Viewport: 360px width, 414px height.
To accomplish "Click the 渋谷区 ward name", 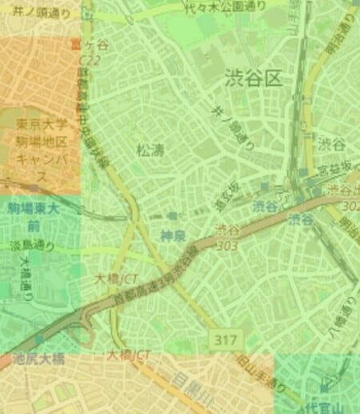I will click(x=254, y=78).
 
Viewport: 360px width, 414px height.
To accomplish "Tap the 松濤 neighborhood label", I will click(x=150, y=149).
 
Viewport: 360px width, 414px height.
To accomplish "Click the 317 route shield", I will click(x=226, y=340).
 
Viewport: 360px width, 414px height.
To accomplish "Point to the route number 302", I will click(x=350, y=205).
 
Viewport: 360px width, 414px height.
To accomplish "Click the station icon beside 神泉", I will click(x=173, y=217).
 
